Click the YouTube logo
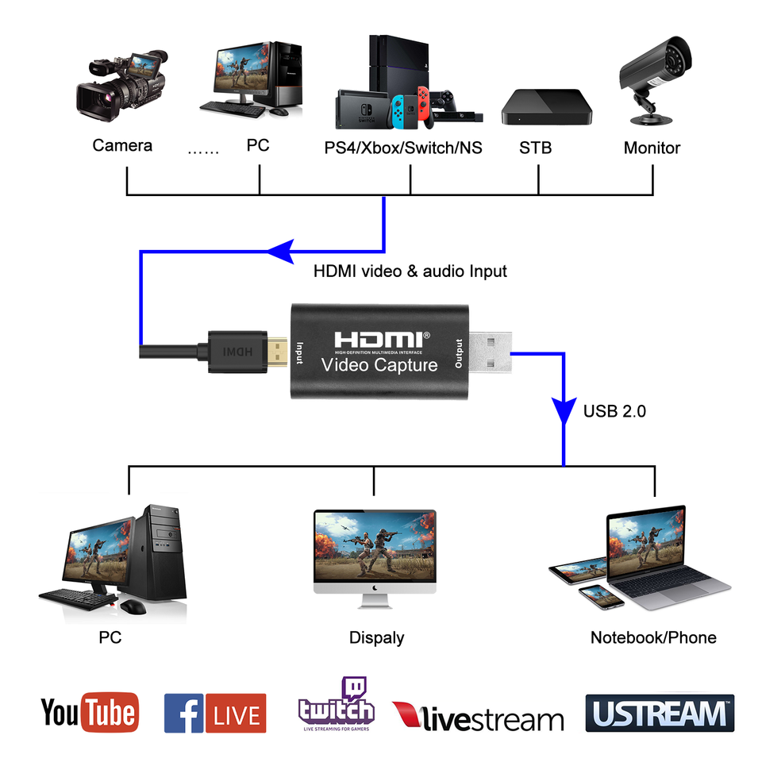[x=89, y=712]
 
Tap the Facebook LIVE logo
[x=214, y=713]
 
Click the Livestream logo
[x=478, y=716]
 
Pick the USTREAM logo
[x=660, y=713]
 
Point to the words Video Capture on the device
[x=379, y=365]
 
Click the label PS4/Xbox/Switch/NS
[x=403, y=148]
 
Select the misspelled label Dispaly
[x=376, y=637]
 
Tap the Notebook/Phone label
[x=653, y=637]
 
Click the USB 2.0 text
[x=614, y=411]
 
